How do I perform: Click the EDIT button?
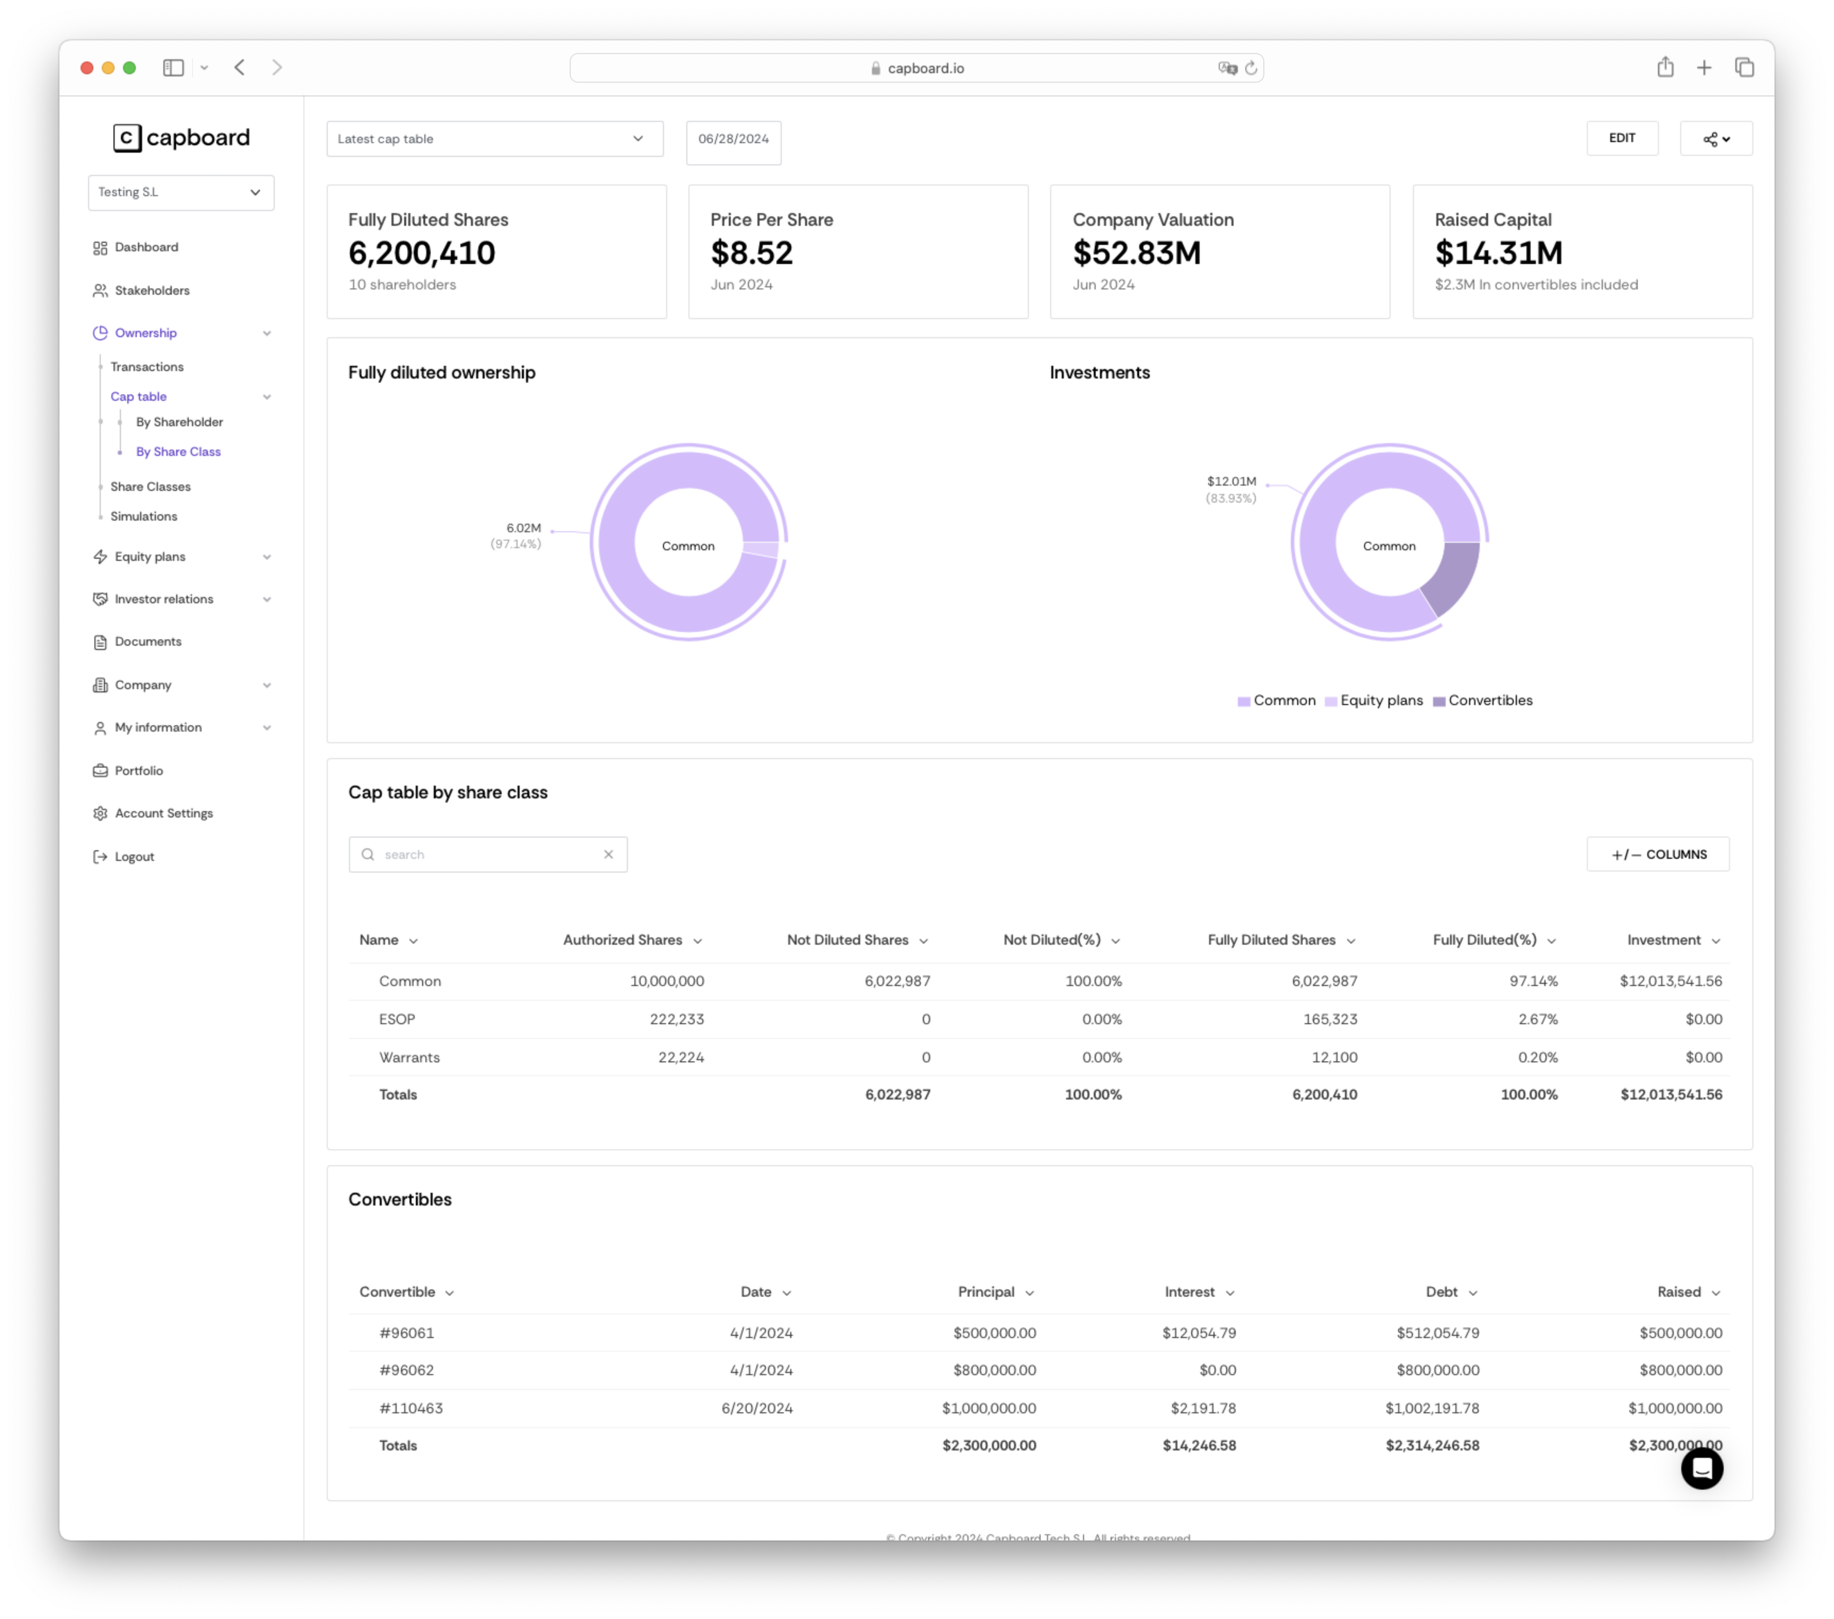click(x=1621, y=138)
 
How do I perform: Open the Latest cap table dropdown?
click(x=494, y=139)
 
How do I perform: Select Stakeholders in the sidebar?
click(x=152, y=291)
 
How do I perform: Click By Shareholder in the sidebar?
click(x=179, y=421)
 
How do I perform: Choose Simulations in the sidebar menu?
click(x=144, y=517)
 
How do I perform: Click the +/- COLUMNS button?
click(x=1657, y=854)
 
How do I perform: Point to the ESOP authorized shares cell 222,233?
click(x=677, y=1019)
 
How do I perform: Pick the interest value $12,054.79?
click(x=1199, y=1333)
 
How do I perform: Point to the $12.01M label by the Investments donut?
click(x=1231, y=482)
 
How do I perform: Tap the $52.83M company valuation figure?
click(x=1136, y=254)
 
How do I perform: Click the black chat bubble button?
click(x=1701, y=1468)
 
